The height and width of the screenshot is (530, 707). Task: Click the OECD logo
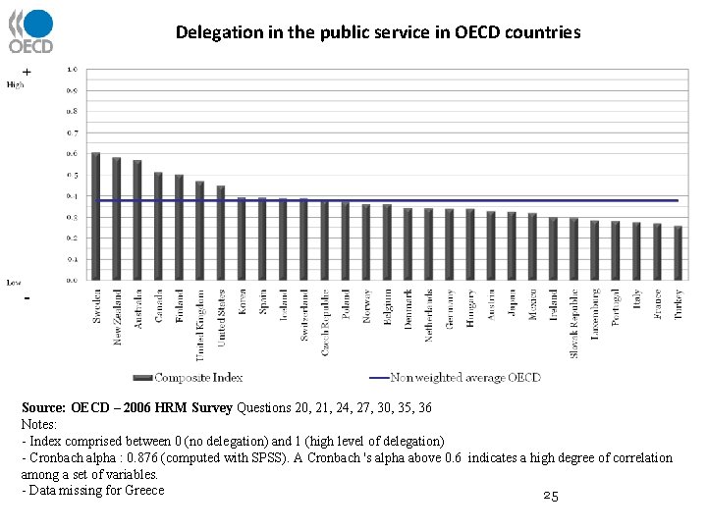click(x=30, y=31)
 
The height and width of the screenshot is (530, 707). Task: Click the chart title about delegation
click(x=378, y=32)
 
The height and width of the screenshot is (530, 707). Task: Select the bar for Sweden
click(x=95, y=216)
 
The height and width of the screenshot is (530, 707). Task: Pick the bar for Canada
click(x=158, y=226)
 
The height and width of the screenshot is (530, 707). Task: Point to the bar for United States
click(x=220, y=233)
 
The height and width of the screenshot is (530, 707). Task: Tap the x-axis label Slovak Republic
click(x=574, y=322)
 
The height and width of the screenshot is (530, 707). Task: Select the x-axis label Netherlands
click(x=428, y=314)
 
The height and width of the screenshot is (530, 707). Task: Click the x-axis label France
click(x=657, y=306)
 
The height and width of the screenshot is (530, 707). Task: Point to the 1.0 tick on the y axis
click(x=73, y=70)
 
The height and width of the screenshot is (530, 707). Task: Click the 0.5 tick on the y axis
click(x=73, y=175)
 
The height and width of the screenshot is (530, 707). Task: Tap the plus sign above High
click(x=27, y=73)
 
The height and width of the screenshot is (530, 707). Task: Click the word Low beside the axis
click(x=14, y=283)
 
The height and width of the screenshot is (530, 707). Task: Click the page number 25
click(x=550, y=498)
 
